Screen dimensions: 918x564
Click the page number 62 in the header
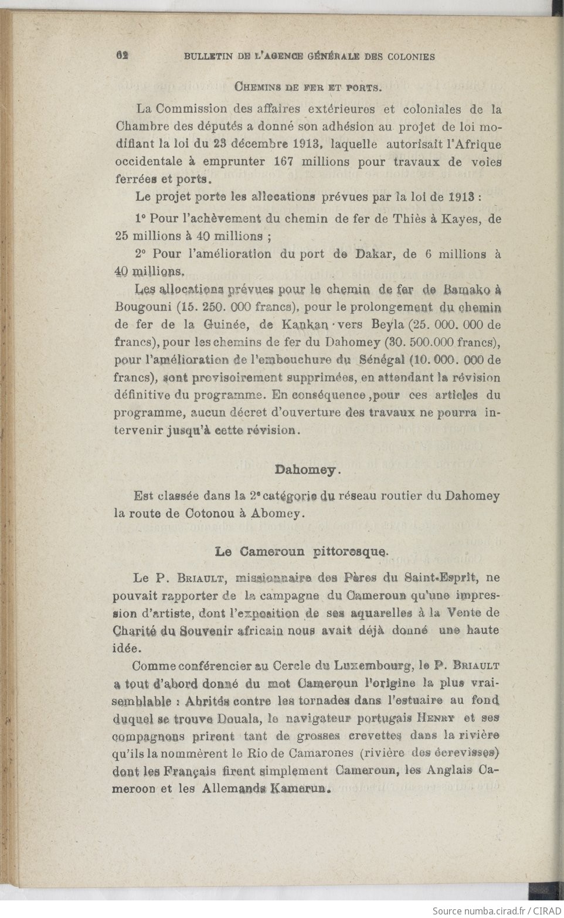(x=123, y=56)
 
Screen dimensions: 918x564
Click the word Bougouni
(x=144, y=307)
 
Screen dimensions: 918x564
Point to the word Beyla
(x=386, y=324)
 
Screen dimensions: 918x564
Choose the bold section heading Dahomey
(x=308, y=470)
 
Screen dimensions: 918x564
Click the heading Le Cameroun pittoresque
(x=301, y=551)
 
